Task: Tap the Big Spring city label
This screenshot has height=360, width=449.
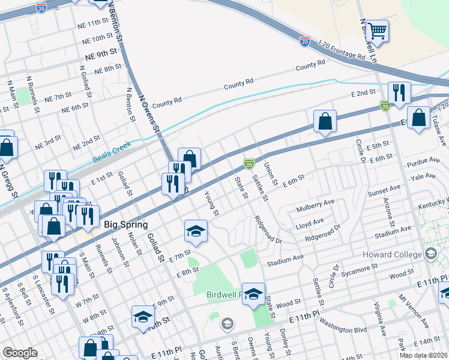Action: pyautogui.click(x=126, y=224)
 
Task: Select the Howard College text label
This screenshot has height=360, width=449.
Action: pyautogui.click(x=392, y=254)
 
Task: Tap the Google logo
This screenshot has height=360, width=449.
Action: pyautogui.click(x=20, y=352)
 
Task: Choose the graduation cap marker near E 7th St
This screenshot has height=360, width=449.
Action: pyautogui.click(x=196, y=230)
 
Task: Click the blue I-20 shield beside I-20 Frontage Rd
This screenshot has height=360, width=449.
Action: pyautogui.click(x=305, y=41)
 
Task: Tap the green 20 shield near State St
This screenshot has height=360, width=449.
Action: pyautogui.click(x=249, y=163)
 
